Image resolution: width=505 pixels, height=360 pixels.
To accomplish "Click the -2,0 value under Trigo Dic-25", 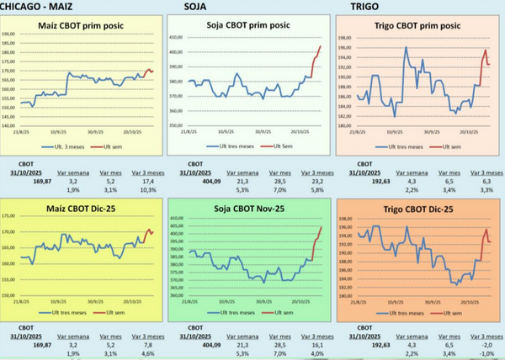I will pos(486,344).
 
